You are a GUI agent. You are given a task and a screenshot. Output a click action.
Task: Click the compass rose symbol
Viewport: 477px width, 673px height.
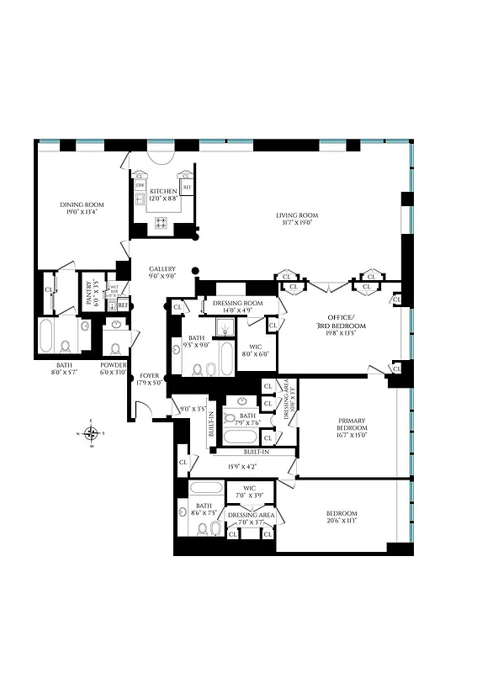tap(92, 433)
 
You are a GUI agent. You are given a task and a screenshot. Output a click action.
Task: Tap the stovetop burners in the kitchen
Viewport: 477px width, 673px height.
tap(160, 223)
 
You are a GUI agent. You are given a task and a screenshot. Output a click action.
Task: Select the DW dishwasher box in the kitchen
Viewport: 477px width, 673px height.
tap(140, 185)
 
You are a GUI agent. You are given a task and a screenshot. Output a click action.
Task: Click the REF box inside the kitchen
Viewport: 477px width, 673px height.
tap(187, 187)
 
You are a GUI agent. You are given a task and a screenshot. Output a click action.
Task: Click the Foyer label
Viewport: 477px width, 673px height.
tap(150, 376)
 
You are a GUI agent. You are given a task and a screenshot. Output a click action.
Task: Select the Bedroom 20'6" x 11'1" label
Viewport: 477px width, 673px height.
tap(342, 517)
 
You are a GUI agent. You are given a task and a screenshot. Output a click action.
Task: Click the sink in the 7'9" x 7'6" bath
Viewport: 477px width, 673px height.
tap(243, 401)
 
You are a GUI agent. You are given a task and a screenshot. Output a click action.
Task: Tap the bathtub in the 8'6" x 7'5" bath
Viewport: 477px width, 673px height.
tap(206, 487)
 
